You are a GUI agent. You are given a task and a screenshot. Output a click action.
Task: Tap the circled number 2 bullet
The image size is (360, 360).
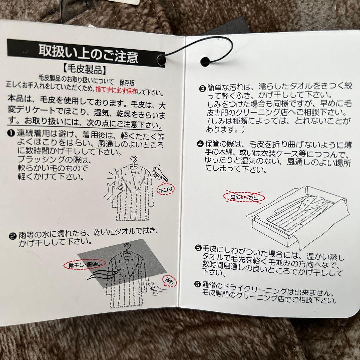point(12,236)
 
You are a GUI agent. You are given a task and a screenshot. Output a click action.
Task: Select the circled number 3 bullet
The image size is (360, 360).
point(202,89)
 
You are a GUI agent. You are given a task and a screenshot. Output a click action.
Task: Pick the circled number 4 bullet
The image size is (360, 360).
point(200,144)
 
